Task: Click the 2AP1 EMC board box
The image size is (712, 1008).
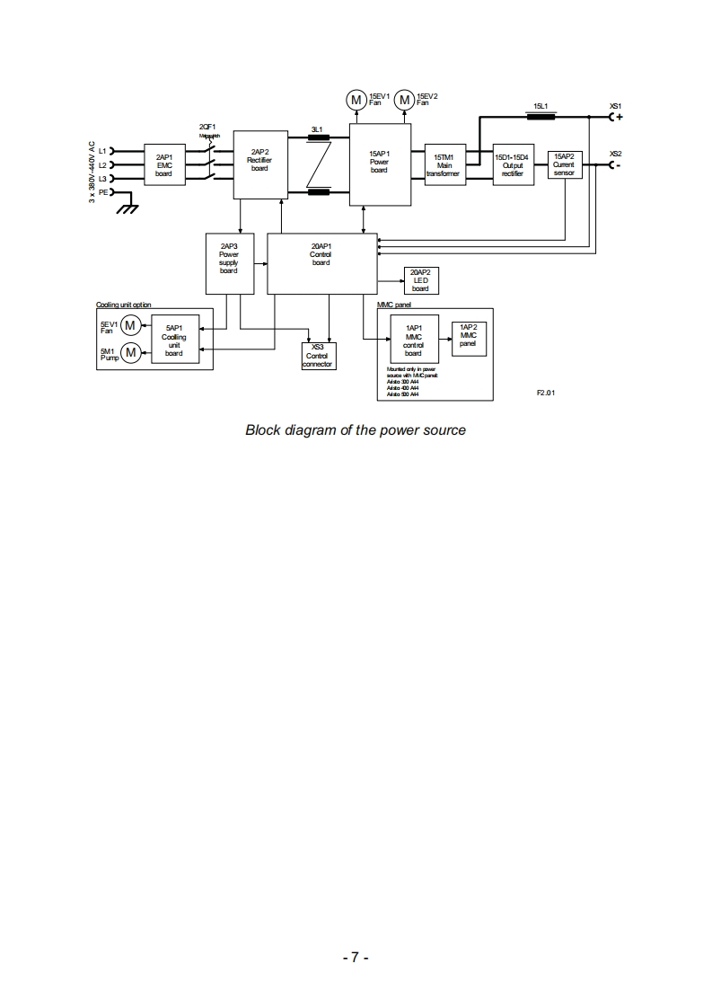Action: click(x=163, y=164)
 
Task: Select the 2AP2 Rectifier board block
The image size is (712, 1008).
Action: click(x=259, y=164)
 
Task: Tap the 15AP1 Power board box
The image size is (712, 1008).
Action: click(x=378, y=164)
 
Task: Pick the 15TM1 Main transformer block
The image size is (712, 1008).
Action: click(x=446, y=164)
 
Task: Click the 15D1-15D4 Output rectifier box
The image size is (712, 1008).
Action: click(x=512, y=164)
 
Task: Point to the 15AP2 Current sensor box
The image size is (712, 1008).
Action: click(x=564, y=164)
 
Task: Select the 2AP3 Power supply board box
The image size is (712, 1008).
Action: click(x=228, y=261)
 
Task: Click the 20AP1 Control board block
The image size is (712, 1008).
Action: click(x=321, y=261)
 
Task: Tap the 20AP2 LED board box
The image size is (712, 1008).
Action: click(x=419, y=280)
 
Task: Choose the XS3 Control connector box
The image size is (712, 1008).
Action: click(x=317, y=355)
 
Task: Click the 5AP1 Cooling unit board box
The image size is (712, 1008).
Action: click(x=173, y=340)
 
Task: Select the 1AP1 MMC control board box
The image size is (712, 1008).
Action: click(x=413, y=340)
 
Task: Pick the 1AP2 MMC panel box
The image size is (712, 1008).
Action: click(x=468, y=338)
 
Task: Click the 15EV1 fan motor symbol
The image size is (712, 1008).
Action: click(x=356, y=99)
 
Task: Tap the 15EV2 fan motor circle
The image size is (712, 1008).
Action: click(x=404, y=99)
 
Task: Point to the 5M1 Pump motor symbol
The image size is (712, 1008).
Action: click(x=131, y=352)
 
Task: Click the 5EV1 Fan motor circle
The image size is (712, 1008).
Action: click(x=131, y=324)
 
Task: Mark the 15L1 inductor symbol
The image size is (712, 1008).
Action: click(x=541, y=116)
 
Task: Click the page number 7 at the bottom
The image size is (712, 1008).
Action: click(x=356, y=958)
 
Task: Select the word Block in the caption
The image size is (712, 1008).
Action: click(x=264, y=430)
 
